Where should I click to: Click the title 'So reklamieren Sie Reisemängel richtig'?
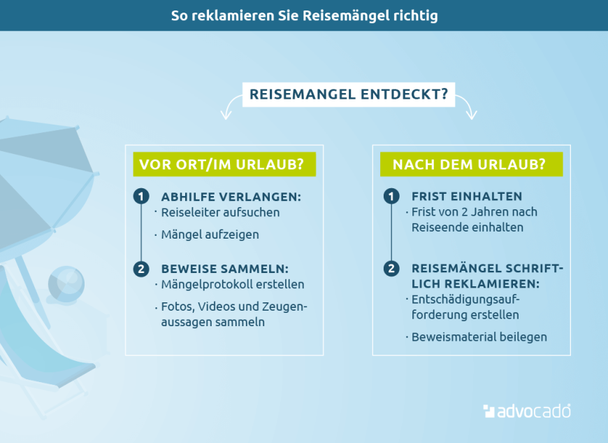pos(304,15)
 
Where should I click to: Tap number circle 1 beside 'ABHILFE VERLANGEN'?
pos(141,197)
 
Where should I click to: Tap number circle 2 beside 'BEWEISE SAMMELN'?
pos(141,269)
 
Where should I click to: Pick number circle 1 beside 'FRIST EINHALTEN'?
pos(391,197)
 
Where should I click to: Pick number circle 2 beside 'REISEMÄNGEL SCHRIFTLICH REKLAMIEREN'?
pos(391,269)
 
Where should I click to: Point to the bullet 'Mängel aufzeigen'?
pos(210,234)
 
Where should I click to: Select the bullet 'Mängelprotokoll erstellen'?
pos(233,285)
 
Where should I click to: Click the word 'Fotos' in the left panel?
pos(176,307)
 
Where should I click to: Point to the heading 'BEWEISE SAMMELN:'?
pos(224,269)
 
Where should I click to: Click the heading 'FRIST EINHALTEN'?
pos(467,197)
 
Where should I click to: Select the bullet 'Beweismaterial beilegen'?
pos(479,337)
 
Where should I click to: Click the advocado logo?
pos(527,411)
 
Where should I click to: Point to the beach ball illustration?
pos(66,283)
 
